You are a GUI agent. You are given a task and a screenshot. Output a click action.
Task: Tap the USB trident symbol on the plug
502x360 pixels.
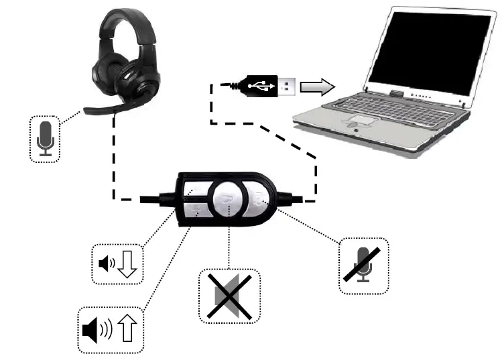pyautogui.click(x=259, y=86)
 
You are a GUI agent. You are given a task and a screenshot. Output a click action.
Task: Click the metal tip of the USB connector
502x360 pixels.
pyautogui.click(x=287, y=86)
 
